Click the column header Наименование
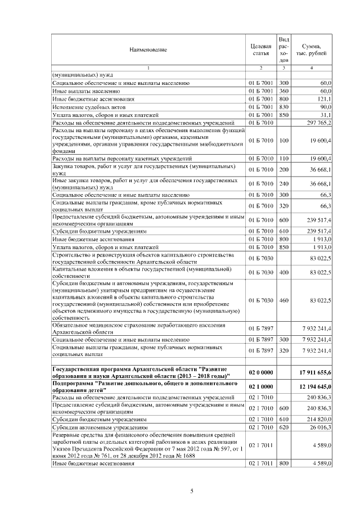[148, 49]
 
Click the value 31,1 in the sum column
[326, 114]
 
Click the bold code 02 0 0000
[260, 372]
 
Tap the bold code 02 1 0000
[260, 388]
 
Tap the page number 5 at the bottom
[192, 491]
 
